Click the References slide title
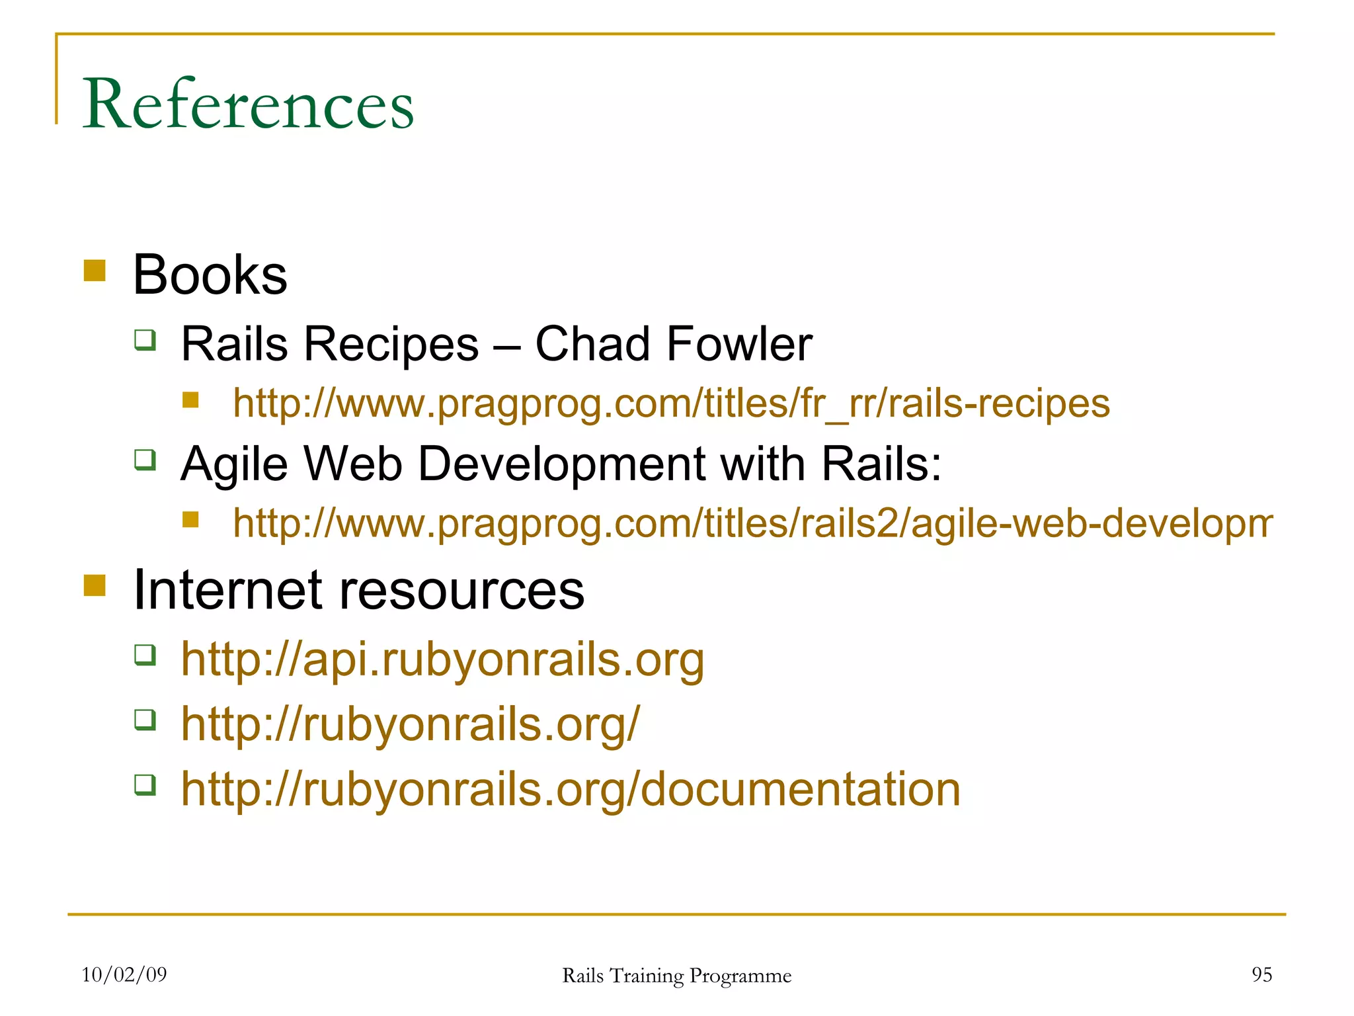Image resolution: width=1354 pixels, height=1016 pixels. coord(248,104)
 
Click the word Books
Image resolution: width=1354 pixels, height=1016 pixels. coord(210,275)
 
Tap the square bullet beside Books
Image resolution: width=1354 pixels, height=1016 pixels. coord(95,271)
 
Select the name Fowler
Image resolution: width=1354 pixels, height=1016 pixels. coord(739,344)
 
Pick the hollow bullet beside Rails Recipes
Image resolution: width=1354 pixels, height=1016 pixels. coord(145,340)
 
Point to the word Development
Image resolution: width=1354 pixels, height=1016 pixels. coord(562,464)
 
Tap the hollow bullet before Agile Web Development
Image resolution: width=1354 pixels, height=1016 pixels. coord(145,459)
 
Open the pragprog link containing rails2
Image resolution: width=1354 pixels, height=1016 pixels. coord(752,523)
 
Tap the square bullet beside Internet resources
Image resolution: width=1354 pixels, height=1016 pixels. coord(95,585)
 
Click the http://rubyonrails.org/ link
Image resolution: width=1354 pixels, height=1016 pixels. coord(411,723)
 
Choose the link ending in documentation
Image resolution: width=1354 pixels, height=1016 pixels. coord(571,788)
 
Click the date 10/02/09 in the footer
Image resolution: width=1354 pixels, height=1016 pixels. coord(124,974)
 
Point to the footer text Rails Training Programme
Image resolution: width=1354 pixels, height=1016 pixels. coord(676,976)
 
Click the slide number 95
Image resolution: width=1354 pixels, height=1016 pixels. coord(1261,974)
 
